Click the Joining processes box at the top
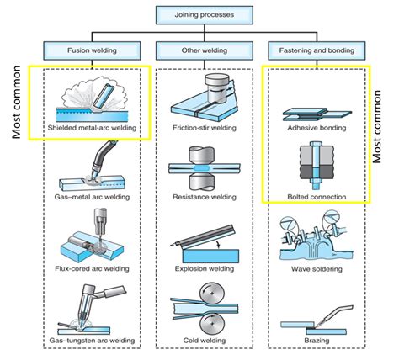pos(199,14)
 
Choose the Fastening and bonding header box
pos(316,50)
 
